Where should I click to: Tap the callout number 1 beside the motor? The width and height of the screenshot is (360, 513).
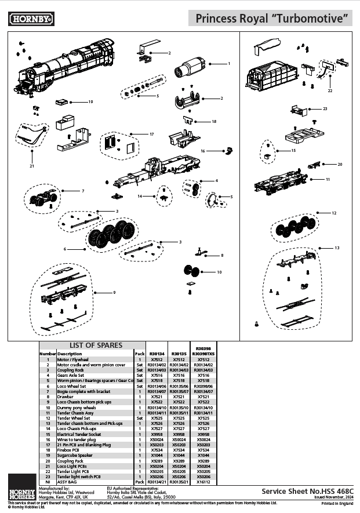tap(228, 63)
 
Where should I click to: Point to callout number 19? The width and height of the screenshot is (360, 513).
tap(90, 102)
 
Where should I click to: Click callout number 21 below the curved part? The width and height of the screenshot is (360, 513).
tap(32, 166)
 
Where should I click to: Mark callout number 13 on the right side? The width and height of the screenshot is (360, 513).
tap(337, 248)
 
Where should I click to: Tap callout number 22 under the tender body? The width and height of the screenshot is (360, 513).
tap(329, 90)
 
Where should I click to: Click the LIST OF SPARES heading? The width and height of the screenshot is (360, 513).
tap(96, 345)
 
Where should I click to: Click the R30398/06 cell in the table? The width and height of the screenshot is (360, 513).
tap(204, 386)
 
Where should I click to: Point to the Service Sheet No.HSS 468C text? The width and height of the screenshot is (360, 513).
tap(306, 490)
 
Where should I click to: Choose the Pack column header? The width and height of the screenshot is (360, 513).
tap(139, 353)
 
